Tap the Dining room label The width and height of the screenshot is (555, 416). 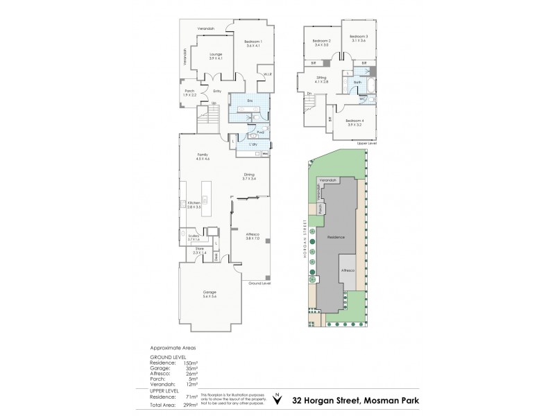[x=249, y=175]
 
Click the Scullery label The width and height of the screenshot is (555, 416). [x=194, y=236]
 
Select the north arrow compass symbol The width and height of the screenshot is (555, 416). [x=278, y=397]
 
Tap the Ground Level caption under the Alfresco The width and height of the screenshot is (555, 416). [x=260, y=284]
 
